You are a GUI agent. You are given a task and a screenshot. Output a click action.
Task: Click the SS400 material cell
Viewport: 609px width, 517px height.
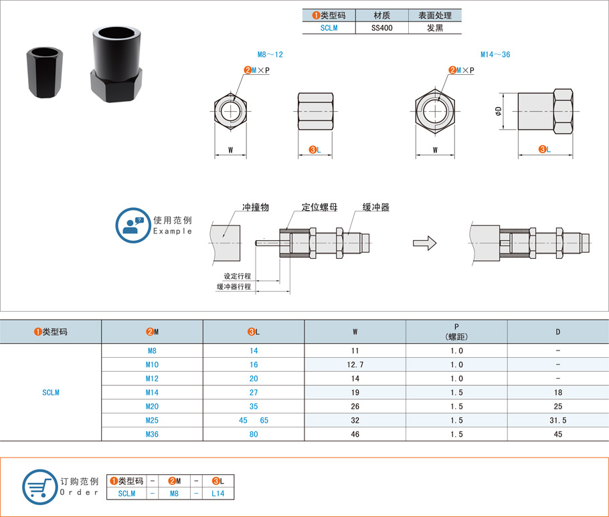click(x=381, y=28)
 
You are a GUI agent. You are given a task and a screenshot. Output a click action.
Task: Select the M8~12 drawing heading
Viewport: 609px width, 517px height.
click(x=270, y=55)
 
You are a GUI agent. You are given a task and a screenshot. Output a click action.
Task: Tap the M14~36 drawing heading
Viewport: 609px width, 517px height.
click(x=495, y=55)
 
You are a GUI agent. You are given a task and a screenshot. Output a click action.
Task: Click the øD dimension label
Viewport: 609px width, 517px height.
click(x=499, y=112)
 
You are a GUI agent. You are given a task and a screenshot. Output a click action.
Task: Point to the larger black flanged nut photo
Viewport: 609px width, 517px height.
click(x=116, y=64)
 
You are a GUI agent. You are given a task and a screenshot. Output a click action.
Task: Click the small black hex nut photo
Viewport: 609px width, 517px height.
click(x=45, y=73)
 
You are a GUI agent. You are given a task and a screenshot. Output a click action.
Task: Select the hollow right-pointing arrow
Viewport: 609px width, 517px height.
click(x=424, y=243)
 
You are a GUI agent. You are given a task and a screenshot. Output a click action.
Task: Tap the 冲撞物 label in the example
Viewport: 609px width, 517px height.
click(x=256, y=207)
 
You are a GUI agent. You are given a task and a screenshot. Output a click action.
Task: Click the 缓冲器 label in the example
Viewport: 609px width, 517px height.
click(x=376, y=207)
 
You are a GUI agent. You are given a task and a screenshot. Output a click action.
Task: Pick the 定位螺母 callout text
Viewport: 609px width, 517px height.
click(x=320, y=207)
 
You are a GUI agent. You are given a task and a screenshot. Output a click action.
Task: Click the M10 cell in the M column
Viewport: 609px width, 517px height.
click(x=152, y=365)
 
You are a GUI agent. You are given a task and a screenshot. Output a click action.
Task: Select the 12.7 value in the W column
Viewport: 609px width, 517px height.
click(x=355, y=365)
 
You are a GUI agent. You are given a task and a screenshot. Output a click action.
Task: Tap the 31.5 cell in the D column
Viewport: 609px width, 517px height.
click(x=557, y=420)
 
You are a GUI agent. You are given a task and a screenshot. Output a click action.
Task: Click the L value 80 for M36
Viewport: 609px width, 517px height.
click(x=254, y=434)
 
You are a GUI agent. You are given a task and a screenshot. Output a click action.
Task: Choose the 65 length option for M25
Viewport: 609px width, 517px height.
click(x=264, y=420)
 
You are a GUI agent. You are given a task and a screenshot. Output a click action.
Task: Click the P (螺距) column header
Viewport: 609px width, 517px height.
click(x=456, y=332)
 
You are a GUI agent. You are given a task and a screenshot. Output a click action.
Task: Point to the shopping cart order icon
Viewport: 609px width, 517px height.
click(x=40, y=487)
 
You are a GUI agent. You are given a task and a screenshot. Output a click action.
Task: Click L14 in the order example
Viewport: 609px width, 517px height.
click(x=218, y=494)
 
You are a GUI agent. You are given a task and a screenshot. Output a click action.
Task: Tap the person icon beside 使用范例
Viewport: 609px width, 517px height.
click(x=133, y=225)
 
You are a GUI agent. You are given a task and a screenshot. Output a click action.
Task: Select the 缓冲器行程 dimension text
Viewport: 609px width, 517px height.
click(x=234, y=287)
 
